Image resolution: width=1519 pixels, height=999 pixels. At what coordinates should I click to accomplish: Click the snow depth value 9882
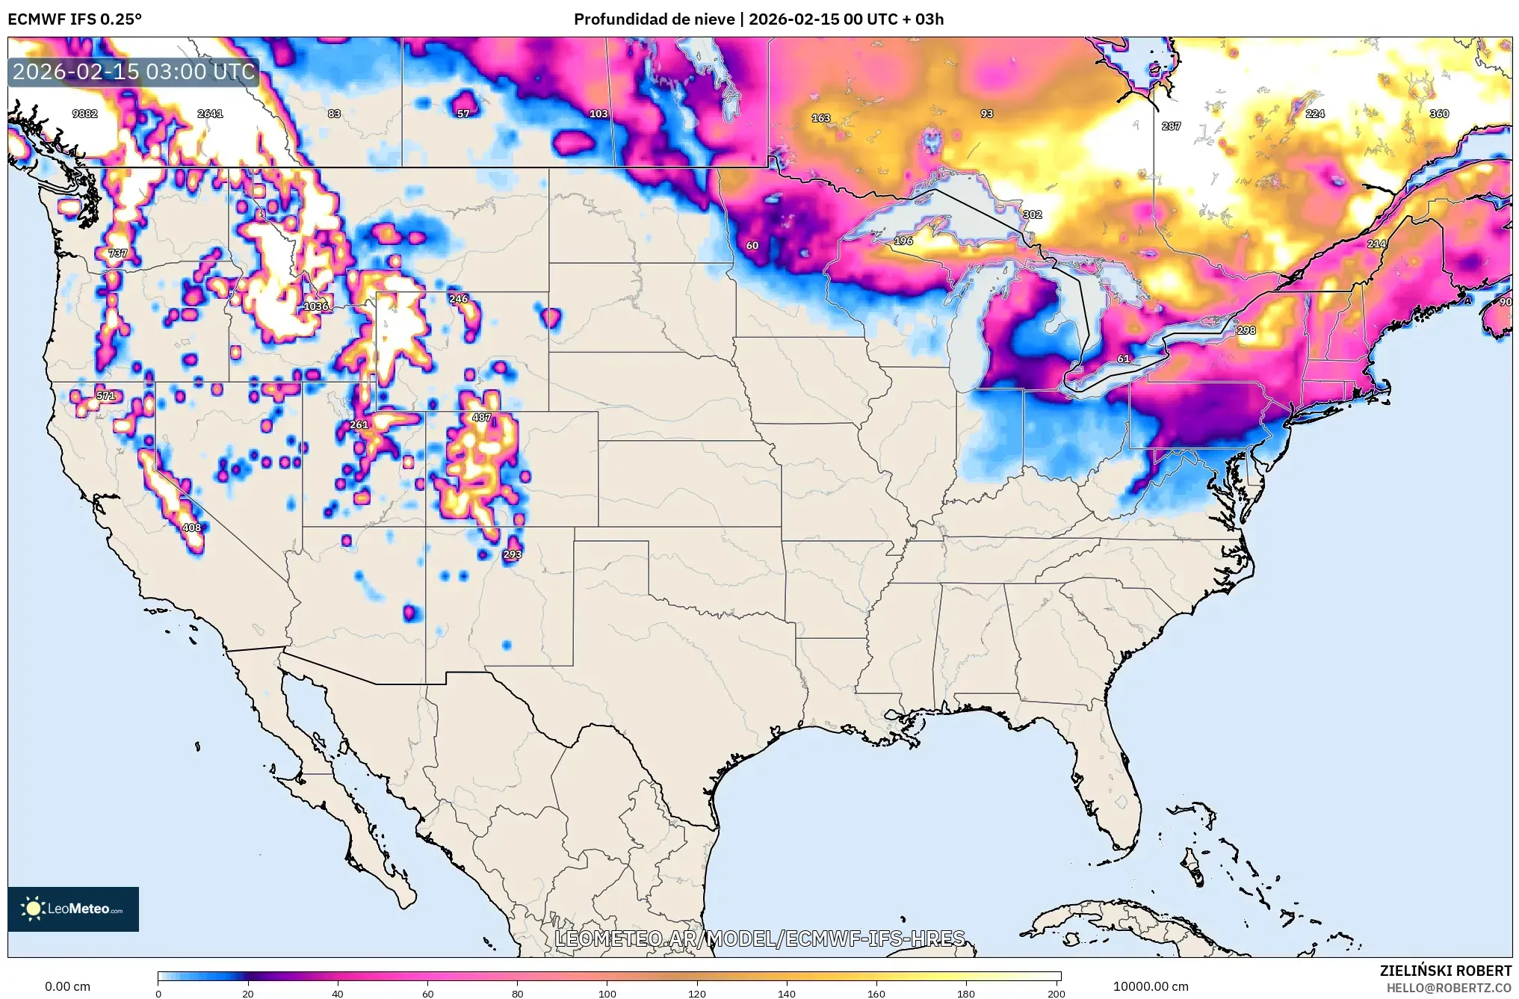(84, 114)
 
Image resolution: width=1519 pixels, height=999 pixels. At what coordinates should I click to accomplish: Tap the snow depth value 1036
(315, 306)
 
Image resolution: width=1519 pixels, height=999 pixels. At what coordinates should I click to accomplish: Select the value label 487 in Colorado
(482, 418)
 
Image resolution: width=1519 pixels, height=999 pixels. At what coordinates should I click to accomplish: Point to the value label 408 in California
(192, 528)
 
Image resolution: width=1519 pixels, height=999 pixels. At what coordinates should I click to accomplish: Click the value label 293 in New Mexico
(513, 554)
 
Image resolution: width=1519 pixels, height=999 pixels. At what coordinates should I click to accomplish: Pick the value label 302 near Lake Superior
(1033, 214)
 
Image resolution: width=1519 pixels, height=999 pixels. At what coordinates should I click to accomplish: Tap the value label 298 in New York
(1246, 330)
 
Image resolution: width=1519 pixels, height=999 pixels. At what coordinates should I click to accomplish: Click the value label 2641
(210, 114)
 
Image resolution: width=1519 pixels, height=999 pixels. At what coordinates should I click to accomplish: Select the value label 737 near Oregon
(117, 253)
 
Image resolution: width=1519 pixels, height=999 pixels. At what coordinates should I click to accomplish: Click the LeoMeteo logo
(73, 909)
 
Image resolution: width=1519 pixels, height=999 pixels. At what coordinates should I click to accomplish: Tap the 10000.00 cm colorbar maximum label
(1151, 986)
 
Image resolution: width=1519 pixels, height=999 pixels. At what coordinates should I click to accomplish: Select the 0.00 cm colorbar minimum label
(67, 986)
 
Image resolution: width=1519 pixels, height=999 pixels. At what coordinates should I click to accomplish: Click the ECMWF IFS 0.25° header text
(75, 19)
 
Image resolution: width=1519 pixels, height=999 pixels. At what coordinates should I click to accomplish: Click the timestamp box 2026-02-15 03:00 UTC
(134, 72)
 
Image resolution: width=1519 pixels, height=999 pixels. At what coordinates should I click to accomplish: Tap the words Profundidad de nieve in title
(654, 19)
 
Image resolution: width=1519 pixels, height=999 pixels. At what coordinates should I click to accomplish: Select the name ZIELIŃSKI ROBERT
(1445, 971)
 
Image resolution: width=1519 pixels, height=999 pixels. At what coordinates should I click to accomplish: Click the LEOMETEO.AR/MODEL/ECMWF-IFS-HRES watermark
(760, 938)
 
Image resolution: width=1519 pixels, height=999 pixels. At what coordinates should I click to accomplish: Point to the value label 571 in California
(106, 396)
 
